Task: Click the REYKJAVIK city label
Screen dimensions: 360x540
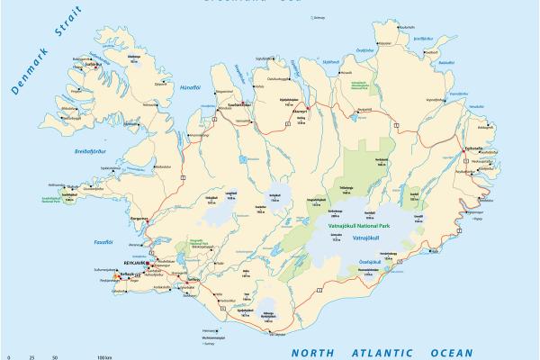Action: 128,263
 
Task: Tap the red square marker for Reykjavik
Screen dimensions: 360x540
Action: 148,263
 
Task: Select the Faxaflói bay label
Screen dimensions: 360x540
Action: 103,241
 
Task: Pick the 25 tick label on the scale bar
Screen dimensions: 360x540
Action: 32,357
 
